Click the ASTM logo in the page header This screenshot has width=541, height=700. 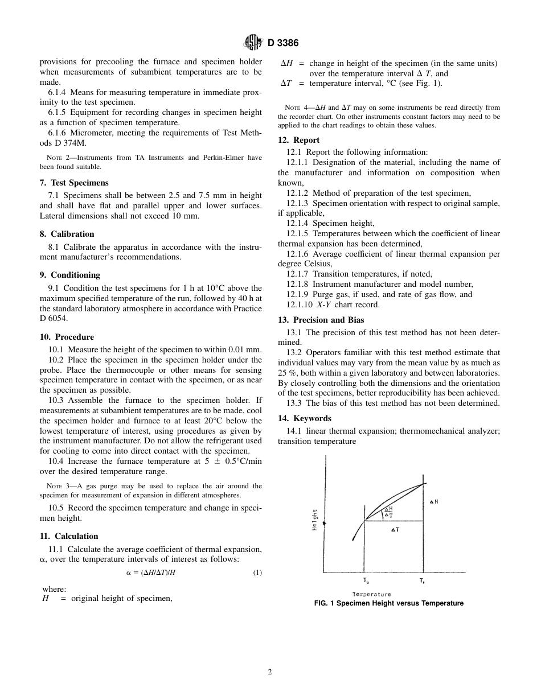pos(252,42)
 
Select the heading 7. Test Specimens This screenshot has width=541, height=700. pos(74,183)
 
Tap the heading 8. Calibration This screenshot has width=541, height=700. pos(67,234)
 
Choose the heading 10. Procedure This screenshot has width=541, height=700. pos(67,337)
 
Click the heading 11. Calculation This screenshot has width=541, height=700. pos(69,536)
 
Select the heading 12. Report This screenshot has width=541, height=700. pos(298,140)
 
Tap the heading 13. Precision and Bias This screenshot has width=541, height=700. pos(321,320)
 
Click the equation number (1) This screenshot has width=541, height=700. pos(257,573)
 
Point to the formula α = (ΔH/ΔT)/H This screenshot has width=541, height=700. pos(151,573)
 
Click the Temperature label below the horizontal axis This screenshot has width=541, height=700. pos(372,594)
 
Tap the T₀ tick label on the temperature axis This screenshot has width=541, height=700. pos(366,581)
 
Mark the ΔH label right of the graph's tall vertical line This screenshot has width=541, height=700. pos(434,501)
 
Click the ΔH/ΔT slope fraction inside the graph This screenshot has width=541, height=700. pos(389,512)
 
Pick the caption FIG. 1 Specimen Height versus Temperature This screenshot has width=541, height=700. pos(389,603)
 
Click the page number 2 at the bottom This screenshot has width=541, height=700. pos(270,672)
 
